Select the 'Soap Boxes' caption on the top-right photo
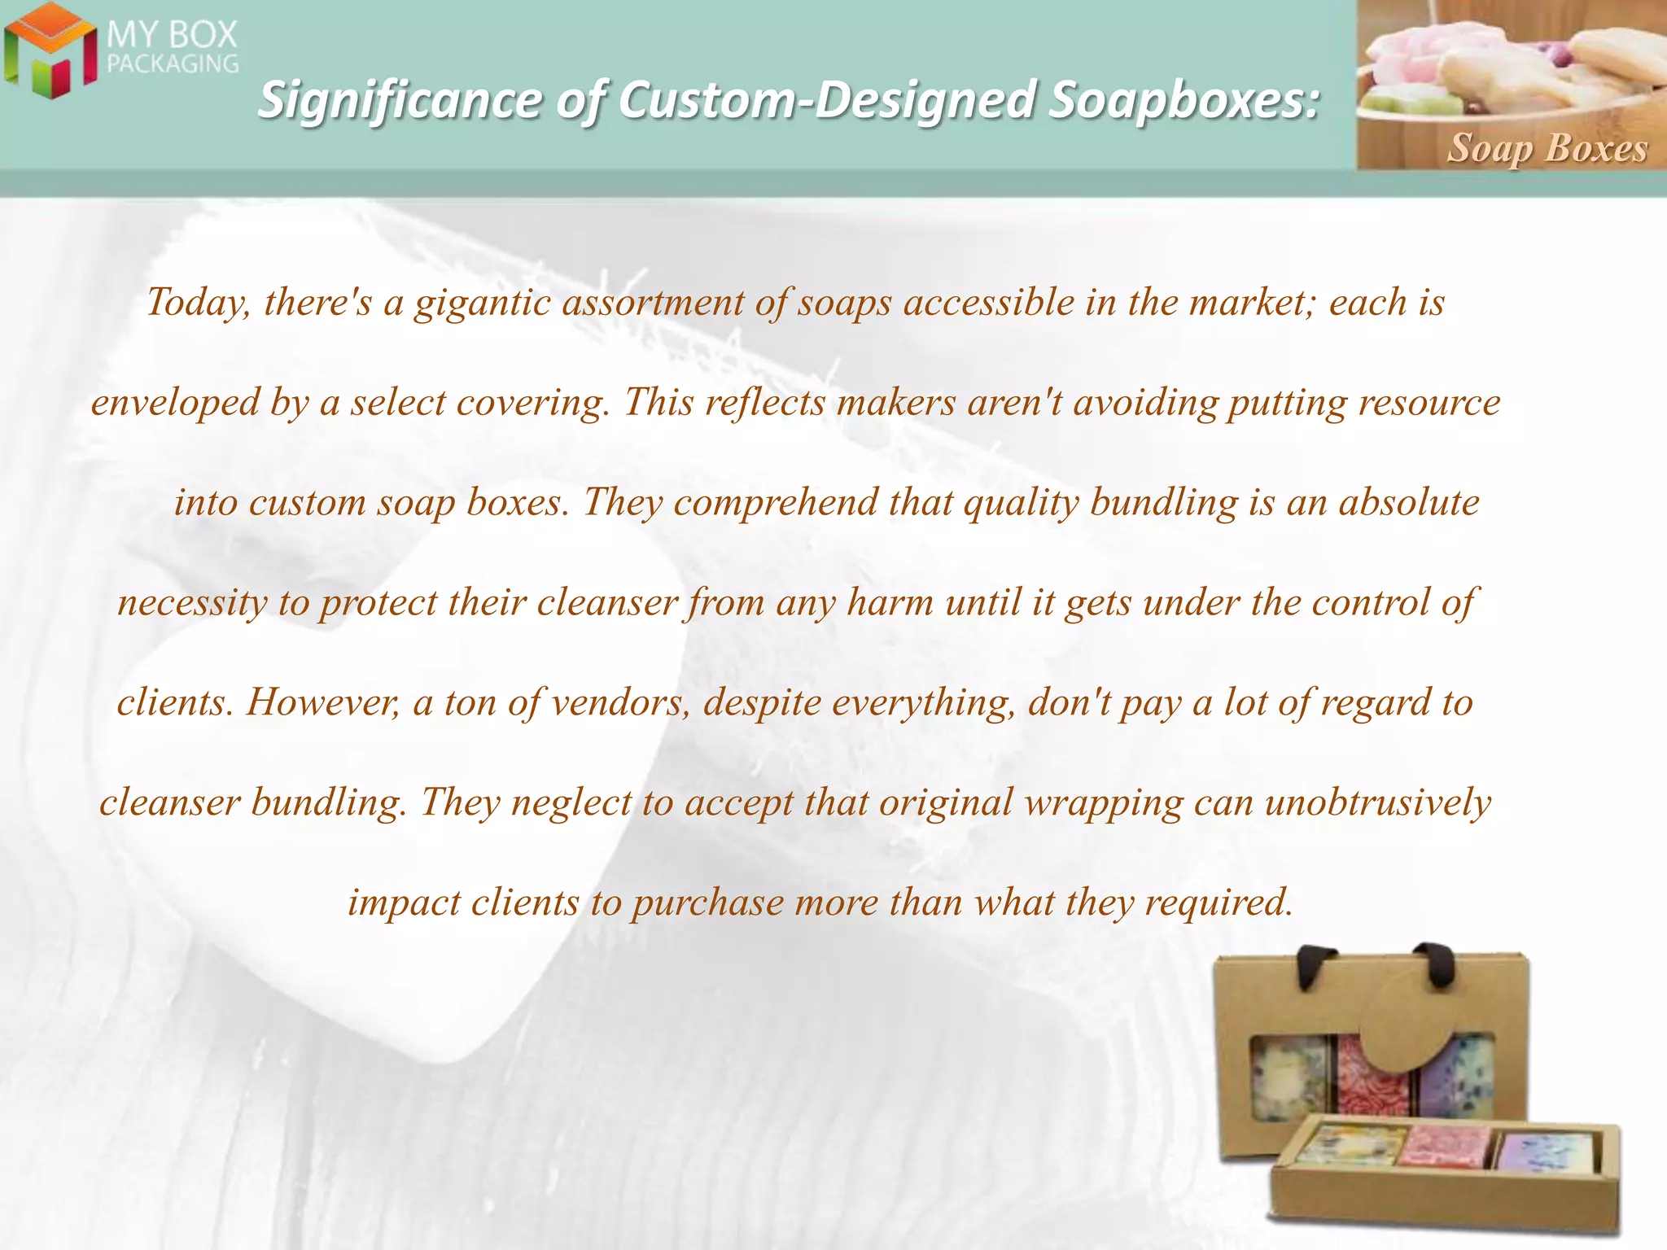pyautogui.click(x=1547, y=148)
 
